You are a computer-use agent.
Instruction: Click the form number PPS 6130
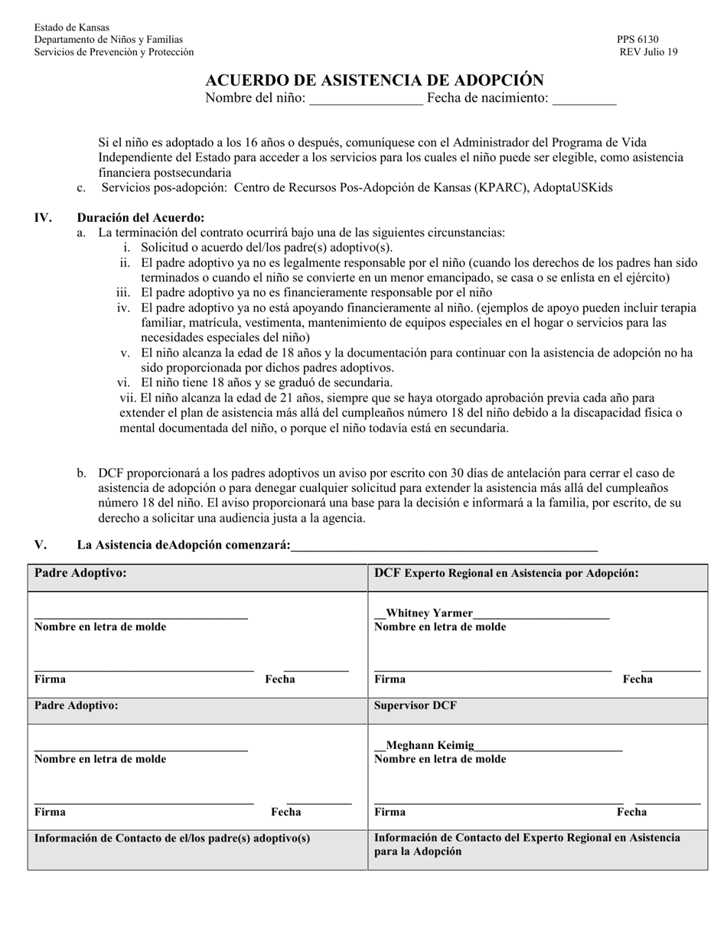pyautogui.click(x=637, y=40)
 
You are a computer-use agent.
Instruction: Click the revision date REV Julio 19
pyautogui.click(x=648, y=52)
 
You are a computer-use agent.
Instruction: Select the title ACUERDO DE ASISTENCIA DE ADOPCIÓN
pyautogui.click(x=374, y=80)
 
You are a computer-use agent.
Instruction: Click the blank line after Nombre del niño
pyautogui.click(x=366, y=99)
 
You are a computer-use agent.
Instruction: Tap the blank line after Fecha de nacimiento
pyautogui.click(x=583, y=99)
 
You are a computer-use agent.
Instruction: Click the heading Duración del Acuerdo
pyautogui.click(x=140, y=217)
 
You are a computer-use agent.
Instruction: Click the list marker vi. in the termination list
pyautogui.click(x=125, y=383)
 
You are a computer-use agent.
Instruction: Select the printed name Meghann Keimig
pyautogui.click(x=430, y=745)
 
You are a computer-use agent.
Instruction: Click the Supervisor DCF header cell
pyautogui.click(x=415, y=705)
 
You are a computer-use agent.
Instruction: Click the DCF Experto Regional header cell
pyautogui.click(x=506, y=573)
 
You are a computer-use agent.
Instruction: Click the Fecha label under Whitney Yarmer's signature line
pyautogui.click(x=637, y=679)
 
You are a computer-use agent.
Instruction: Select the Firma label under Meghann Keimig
pyautogui.click(x=390, y=812)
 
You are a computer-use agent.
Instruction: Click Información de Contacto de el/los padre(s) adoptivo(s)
pyautogui.click(x=172, y=838)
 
